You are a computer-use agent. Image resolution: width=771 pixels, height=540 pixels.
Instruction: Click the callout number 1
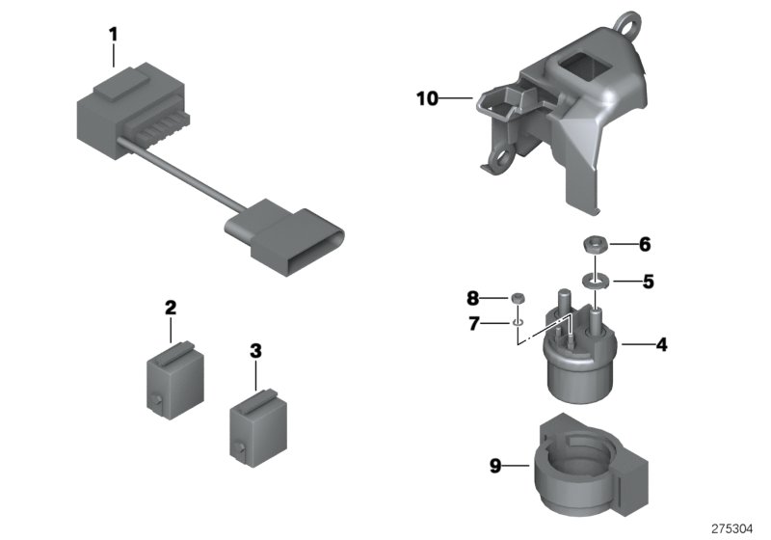click(x=113, y=35)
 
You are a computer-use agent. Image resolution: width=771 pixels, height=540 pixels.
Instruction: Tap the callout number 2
click(x=171, y=309)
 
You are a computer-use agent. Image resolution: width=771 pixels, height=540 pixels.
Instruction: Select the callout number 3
click(x=255, y=353)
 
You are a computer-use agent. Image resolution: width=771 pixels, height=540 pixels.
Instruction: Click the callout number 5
click(x=648, y=283)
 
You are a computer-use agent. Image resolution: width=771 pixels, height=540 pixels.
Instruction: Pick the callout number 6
click(x=645, y=245)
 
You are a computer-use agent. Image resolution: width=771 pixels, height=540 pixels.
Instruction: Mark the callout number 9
click(x=495, y=467)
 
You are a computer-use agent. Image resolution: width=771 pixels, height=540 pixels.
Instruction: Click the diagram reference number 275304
click(x=735, y=528)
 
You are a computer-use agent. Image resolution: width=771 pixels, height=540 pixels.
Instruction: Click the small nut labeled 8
click(x=518, y=298)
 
